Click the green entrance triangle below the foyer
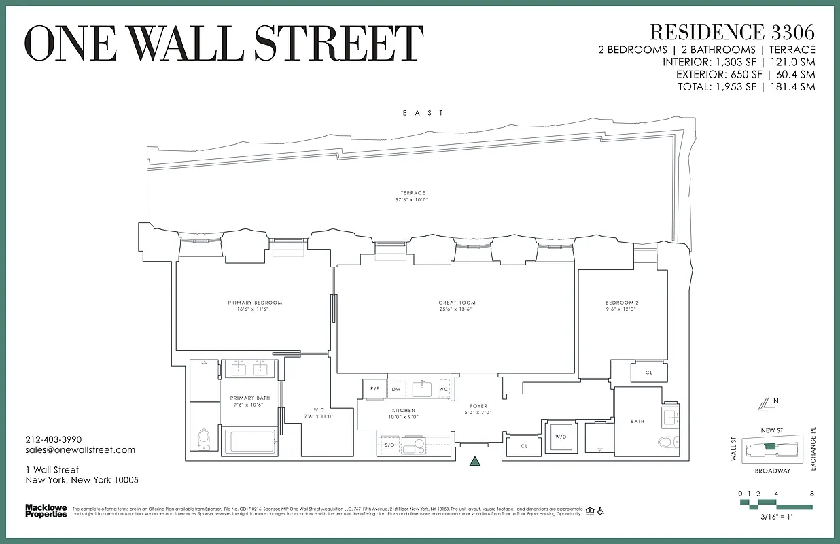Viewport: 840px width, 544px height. pos(475,462)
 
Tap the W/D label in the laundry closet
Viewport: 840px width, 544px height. pos(561,437)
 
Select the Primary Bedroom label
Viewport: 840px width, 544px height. pos(255,303)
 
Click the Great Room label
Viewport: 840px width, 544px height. pos(457,303)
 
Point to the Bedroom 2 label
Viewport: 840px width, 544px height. pos(622,303)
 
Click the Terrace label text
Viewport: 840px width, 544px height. pos(413,193)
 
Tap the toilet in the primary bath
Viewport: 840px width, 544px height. pos(203,440)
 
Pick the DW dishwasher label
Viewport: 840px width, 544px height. pos(396,389)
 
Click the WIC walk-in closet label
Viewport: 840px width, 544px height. pos(318,409)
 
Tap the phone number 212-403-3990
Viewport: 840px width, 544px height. pos(53,439)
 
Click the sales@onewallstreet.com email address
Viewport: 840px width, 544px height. pos(80,449)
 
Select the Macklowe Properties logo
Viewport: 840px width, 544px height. pos(46,510)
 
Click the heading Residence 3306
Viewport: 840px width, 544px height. pos(732,32)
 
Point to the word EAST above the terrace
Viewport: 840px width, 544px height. pos(422,113)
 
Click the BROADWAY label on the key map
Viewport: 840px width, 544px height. pos(772,471)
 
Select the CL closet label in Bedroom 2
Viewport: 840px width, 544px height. pos(648,373)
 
